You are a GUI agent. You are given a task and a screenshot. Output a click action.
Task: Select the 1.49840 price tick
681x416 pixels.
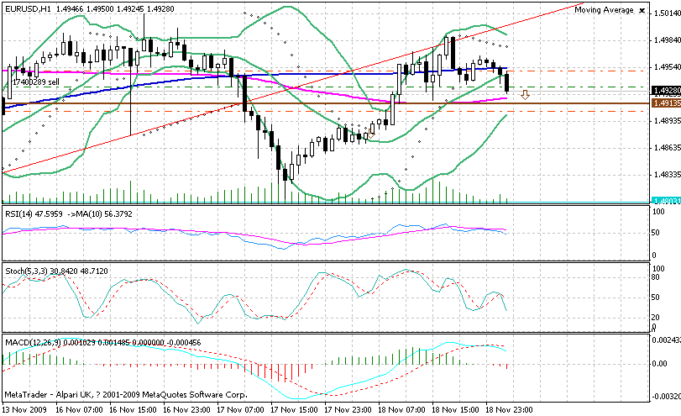[666, 39]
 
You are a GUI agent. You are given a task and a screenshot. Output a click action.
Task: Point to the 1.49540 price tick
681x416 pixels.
[666, 66]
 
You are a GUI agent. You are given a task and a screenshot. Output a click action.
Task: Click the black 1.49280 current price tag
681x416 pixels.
[665, 90]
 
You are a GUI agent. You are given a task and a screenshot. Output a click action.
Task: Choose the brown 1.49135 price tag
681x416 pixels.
[665, 103]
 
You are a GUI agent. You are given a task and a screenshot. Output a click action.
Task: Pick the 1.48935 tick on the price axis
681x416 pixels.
[666, 121]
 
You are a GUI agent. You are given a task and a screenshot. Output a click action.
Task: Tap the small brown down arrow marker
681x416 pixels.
[525, 95]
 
